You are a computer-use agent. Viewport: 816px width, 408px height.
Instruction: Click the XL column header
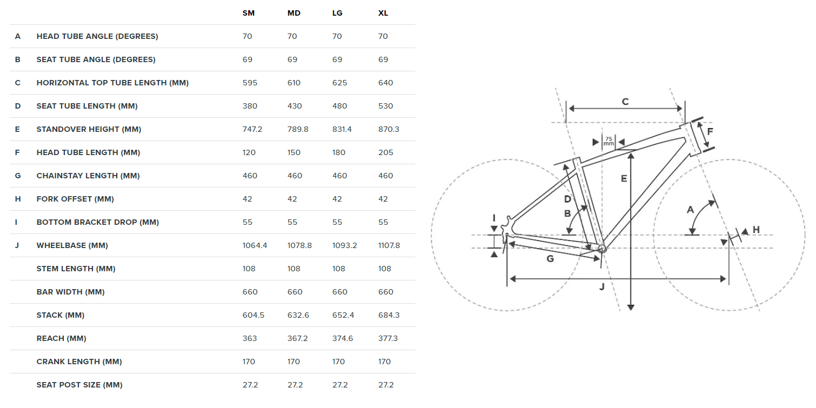(x=383, y=13)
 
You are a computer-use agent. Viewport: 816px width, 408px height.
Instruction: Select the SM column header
(x=248, y=13)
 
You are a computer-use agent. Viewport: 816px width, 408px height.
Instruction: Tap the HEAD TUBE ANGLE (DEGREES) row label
(x=97, y=36)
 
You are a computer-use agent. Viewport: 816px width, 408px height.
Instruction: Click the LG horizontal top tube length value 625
(x=340, y=83)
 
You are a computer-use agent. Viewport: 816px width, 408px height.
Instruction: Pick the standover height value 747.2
(x=252, y=129)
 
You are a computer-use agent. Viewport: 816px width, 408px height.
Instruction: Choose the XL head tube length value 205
(x=386, y=152)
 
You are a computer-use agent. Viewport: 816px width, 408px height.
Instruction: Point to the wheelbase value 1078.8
(x=299, y=245)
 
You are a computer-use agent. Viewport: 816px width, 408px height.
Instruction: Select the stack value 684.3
(x=389, y=315)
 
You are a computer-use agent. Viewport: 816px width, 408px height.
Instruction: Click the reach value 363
(x=250, y=338)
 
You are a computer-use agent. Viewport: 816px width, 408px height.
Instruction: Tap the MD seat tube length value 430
(x=294, y=106)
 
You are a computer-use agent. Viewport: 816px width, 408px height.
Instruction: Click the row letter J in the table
(x=18, y=245)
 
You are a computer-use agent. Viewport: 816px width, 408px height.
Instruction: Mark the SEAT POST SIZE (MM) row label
(x=79, y=385)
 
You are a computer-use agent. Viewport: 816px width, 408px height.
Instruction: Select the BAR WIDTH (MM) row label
(x=71, y=292)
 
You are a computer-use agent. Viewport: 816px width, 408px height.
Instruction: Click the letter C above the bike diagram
(x=625, y=102)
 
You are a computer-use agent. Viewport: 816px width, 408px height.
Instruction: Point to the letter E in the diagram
(x=623, y=178)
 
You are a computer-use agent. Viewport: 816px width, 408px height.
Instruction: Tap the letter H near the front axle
(x=756, y=230)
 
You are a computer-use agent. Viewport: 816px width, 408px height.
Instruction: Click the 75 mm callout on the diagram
(x=608, y=141)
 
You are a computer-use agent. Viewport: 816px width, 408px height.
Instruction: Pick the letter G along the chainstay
(x=550, y=259)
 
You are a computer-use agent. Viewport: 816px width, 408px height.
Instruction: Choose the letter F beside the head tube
(x=710, y=131)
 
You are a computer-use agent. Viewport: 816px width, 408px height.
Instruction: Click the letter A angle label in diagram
(x=690, y=210)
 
